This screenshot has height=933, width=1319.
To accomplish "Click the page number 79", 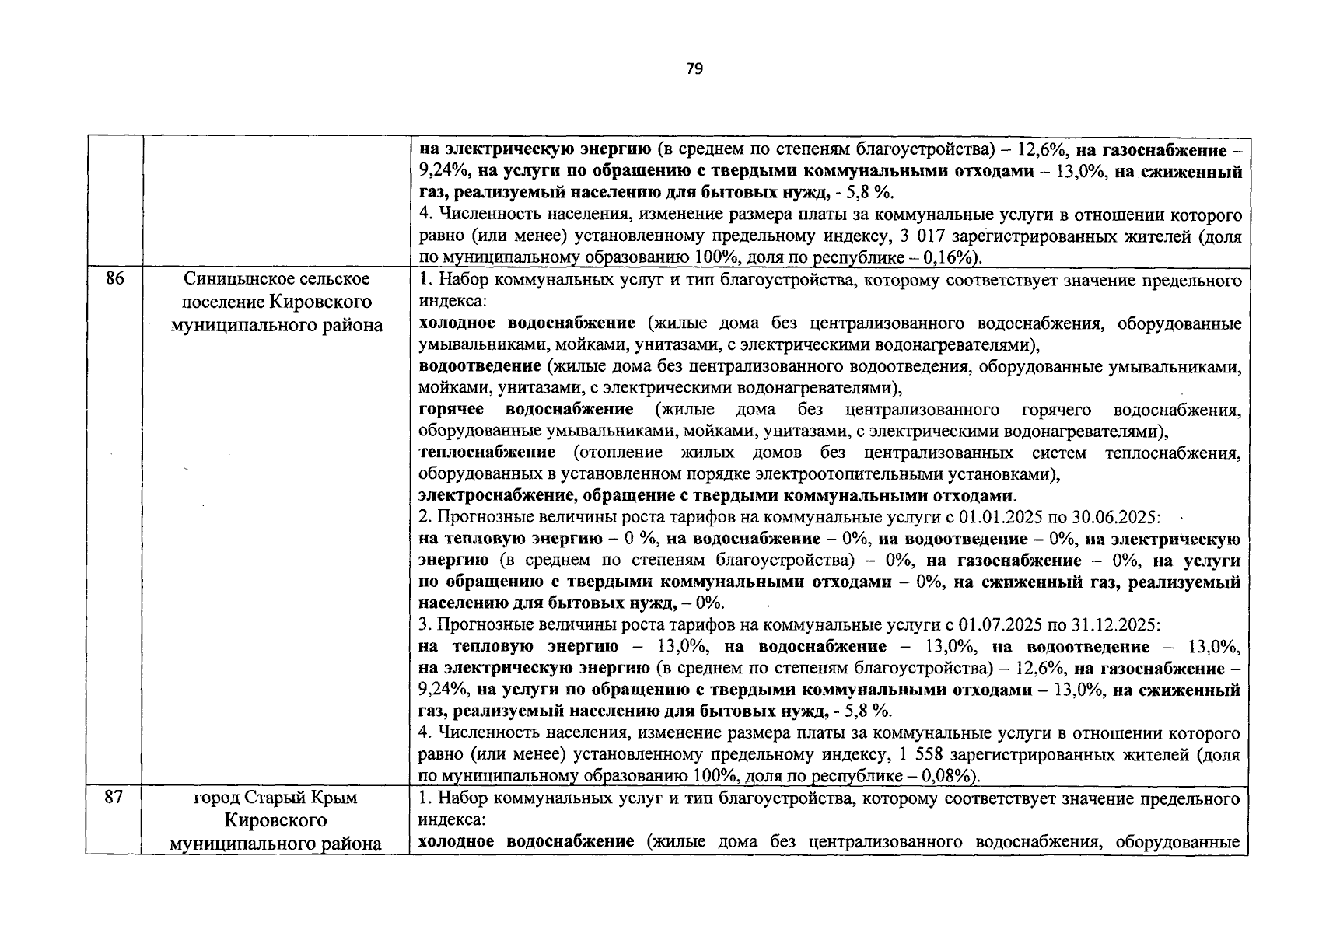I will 694,69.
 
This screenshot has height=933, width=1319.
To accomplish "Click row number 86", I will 114,279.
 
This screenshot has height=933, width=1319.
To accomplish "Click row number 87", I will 114,798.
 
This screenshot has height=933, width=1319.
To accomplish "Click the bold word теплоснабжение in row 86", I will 487,453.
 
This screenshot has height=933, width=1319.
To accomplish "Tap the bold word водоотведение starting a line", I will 479,366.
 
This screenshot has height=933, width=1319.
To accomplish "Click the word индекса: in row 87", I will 452,820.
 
